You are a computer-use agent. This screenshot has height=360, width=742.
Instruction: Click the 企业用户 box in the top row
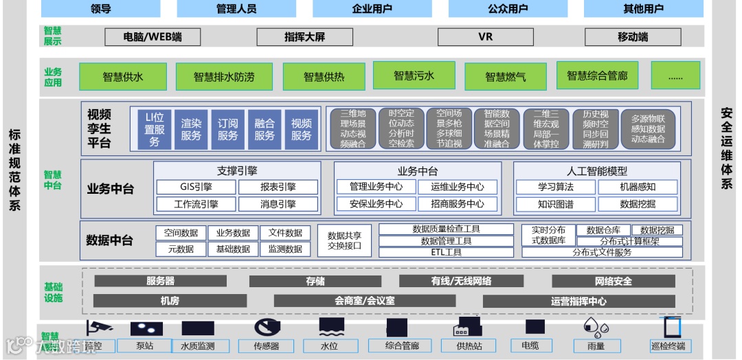pos(372,9)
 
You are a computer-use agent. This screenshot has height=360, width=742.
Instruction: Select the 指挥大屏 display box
pos(304,36)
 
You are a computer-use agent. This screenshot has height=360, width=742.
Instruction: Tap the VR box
pos(485,36)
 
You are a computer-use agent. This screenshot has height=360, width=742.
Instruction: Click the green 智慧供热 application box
pos(324,77)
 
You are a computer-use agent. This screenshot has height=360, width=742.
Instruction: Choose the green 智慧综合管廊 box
pos(597,76)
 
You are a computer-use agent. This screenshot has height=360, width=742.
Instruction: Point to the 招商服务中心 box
pos(457,204)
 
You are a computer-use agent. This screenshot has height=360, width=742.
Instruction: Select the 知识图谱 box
pos(555,204)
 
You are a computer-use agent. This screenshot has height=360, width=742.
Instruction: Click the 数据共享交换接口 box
pos(344,240)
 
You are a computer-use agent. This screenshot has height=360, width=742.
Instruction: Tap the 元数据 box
pos(180,249)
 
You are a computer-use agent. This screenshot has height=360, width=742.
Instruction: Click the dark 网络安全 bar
pos(614,281)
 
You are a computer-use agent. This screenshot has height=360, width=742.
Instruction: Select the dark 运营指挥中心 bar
pos(578,301)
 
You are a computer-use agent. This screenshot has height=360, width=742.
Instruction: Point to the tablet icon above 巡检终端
pos(672,327)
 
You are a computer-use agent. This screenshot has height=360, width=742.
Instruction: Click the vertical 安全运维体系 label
pos(726,148)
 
